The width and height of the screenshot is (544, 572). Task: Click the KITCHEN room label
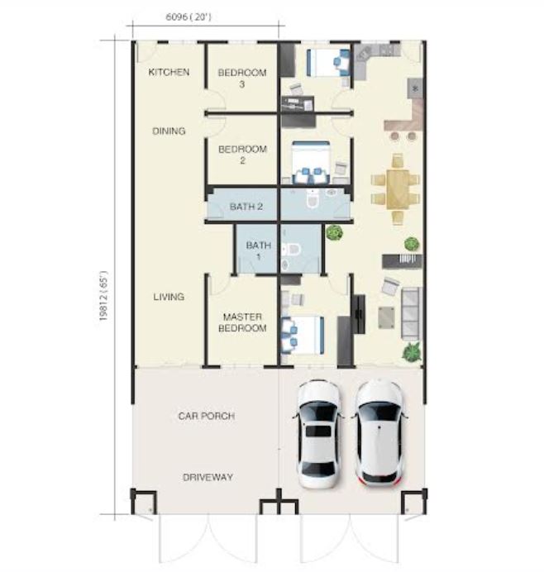pos(169,72)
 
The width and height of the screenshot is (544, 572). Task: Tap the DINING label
pos(169,131)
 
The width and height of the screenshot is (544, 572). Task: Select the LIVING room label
pos(169,297)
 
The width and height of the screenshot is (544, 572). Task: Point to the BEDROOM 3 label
pos(242,78)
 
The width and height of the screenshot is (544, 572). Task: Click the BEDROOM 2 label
pos(242,155)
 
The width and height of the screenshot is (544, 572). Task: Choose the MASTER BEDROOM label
pos(242,322)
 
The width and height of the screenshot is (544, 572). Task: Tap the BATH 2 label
pos(246,207)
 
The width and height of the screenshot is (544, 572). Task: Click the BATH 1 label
pos(259,250)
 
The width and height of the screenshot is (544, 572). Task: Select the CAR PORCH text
pos(207,416)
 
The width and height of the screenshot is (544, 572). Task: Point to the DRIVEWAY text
pos(208,477)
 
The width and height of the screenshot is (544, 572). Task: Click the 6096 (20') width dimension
pos(188,17)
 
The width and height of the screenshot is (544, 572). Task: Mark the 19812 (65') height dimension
pos(103,295)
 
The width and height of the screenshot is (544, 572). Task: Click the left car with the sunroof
pos(318,434)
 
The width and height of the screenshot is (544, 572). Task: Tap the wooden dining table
pos(398,189)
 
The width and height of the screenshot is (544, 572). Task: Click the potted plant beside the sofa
pos(412,352)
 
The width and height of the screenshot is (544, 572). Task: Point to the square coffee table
pos(386,317)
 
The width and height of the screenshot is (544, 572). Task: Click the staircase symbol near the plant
pos(402,261)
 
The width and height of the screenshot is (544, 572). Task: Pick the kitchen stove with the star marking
pos(415,88)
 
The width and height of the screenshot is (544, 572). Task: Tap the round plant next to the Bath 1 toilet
pos(334,232)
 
